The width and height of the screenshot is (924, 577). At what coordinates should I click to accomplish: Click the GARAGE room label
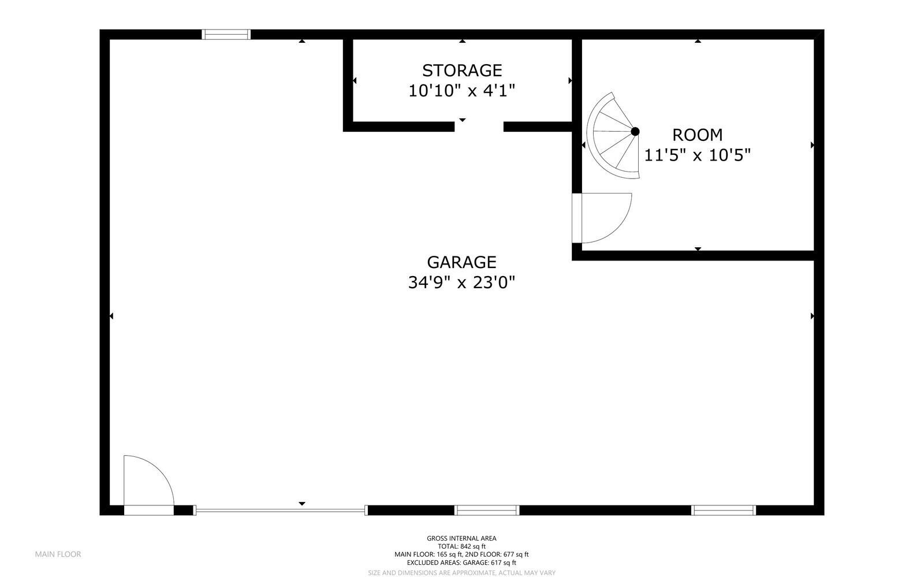461,262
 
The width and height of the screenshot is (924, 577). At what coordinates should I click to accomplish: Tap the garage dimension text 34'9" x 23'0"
461,282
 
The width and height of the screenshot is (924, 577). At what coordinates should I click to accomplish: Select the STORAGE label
461,70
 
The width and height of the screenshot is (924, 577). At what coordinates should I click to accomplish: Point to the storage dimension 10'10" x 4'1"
461,91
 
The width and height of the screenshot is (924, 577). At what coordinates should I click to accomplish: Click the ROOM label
697,135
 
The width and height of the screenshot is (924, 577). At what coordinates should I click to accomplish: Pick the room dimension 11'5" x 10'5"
697,155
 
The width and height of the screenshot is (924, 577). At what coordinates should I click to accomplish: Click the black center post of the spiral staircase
635,132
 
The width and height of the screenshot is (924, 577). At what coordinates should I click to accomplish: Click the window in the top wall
226,35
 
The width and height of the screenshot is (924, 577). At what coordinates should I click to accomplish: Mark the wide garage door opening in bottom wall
280,510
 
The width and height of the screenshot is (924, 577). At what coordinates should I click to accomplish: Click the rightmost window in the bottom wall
723,510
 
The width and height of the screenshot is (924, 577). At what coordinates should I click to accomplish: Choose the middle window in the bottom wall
487,510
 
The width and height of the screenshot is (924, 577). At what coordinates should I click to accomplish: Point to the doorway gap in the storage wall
479,126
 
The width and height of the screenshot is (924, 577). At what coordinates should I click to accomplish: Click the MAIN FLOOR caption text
58,554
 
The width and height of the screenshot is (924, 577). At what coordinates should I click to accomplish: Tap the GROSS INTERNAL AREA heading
461,538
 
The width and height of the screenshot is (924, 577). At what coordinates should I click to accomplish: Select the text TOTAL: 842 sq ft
461,546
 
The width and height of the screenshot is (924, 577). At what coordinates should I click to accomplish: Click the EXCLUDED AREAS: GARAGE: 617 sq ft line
461,563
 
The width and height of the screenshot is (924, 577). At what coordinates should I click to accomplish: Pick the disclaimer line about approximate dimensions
461,572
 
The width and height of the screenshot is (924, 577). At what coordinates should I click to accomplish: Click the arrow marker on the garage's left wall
111,316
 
